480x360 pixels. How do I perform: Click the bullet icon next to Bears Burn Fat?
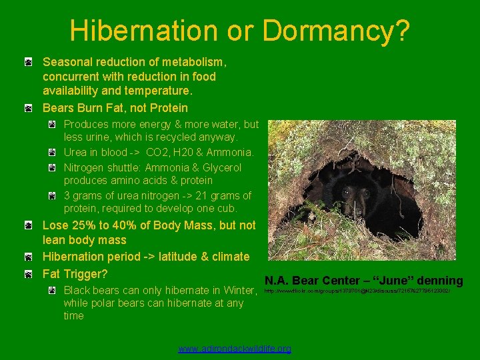[x=28, y=108]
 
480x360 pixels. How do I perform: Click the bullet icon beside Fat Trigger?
[x=28, y=274]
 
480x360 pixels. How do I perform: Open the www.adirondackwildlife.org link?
[x=235, y=349]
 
